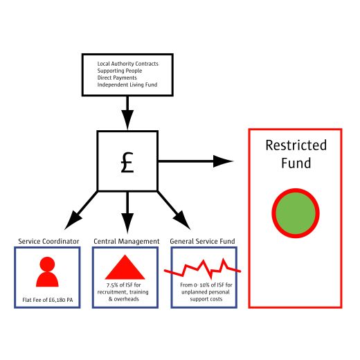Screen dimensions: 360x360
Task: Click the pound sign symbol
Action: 127,163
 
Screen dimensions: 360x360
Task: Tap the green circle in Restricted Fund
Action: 296,213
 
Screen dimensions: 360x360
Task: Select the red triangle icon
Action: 125,267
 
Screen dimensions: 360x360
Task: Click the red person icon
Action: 47,271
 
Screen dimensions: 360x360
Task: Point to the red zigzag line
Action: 202,269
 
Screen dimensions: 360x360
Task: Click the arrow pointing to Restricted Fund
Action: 196,161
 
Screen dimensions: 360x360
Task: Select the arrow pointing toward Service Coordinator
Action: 81,210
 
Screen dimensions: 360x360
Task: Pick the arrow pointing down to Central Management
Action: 127,213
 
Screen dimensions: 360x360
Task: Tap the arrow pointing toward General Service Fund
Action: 174,210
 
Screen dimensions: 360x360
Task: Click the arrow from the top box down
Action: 127,113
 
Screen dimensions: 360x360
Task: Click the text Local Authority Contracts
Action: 128,64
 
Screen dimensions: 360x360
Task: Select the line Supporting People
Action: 120,71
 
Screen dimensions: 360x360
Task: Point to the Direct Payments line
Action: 117,78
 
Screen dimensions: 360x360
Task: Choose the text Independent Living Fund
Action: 127,84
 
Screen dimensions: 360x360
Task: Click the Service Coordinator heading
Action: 48,242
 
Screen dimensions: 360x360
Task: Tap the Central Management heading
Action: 127,242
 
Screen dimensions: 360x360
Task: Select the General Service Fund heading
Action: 202,242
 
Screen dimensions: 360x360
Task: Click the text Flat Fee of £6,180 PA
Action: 48,300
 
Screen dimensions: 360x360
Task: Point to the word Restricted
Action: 296,145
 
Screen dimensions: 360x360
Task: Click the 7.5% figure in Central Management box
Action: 112,285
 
